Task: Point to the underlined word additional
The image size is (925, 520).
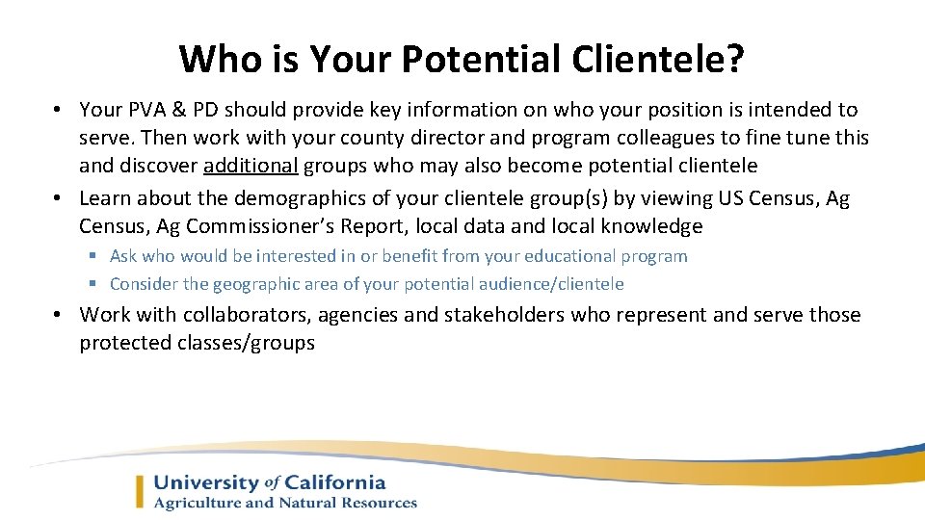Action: [251, 166]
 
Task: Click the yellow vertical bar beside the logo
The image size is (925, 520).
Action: [141, 492]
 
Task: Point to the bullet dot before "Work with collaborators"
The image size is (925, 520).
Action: [59, 315]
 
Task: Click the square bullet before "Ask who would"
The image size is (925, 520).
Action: [94, 256]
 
